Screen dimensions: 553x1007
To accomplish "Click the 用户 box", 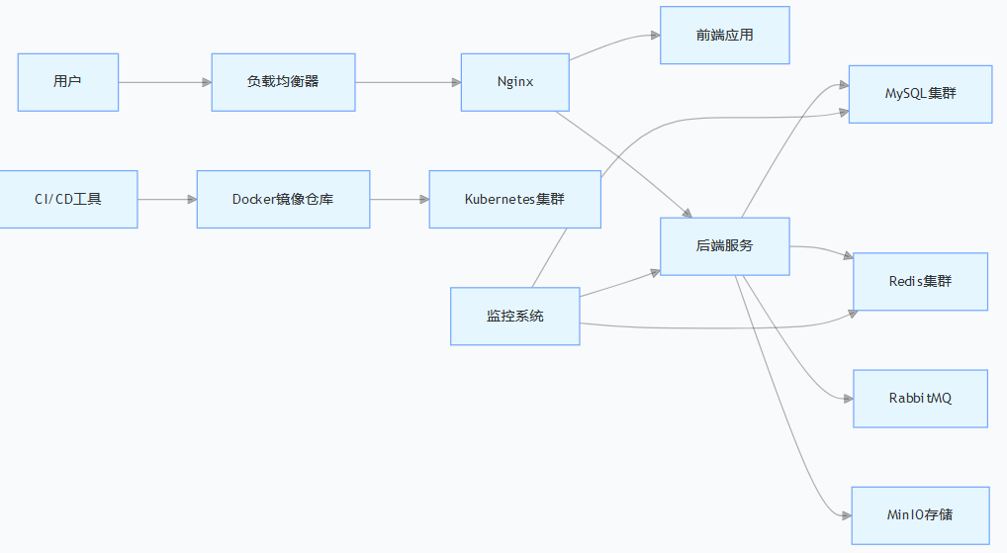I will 68,82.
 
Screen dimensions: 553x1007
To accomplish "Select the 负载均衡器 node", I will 283,82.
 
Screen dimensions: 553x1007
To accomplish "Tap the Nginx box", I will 515,82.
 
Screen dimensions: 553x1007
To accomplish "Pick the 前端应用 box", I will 725,36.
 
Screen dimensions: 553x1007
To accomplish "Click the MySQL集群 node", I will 920,94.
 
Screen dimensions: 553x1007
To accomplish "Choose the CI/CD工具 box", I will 67,199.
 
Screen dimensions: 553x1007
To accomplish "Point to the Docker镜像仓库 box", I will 283,199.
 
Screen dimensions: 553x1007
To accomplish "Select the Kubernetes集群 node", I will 514,199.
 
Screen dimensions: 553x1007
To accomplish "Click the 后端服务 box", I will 725,245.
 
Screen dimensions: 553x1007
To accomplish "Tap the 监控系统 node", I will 514,317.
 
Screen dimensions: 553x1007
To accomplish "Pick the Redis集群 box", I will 920,282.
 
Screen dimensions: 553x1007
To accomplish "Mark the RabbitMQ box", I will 920,399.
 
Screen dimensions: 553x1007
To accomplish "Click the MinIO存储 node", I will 920,515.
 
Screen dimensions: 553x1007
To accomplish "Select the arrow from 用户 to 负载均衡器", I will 164,82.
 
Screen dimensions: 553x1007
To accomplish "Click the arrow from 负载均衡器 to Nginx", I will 408,82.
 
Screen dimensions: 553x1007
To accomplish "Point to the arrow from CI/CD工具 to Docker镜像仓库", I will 167,199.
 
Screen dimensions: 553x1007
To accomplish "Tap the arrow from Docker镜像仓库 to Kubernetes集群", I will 400,199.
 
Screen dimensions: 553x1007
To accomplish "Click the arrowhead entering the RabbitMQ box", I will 848,399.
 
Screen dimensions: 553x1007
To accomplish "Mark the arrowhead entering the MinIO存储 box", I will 846,515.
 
